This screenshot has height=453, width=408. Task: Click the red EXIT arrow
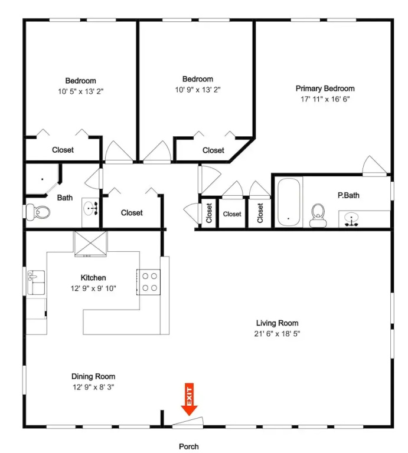[x=189, y=399]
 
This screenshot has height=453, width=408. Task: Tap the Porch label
[x=189, y=447]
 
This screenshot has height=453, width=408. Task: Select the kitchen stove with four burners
[x=148, y=282]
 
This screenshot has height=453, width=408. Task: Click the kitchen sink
[x=36, y=283]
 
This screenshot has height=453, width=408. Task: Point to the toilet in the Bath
[x=38, y=212]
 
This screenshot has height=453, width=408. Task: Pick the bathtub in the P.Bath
[x=289, y=202]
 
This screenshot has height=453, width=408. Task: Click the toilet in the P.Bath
[x=318, y=215]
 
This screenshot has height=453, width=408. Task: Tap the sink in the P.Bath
[x=352, y=219]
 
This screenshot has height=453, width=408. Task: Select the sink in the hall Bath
[x=90, y=208]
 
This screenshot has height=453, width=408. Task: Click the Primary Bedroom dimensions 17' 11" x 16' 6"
[x=325, y=99]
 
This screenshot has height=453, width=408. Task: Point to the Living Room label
[x=277, y=323]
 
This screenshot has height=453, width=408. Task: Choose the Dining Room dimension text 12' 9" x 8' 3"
[x=93, y=387]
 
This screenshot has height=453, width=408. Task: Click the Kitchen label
[x=93, y=278]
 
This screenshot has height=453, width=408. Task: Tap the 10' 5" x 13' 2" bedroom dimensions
[x=81, y=91]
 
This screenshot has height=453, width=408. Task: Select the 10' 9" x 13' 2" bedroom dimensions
[x=197, y=90]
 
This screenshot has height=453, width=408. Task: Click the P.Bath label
[x=348, y=195]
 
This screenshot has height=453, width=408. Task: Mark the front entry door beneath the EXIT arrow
[x=188, y=422]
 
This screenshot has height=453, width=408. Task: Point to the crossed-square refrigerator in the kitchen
[x=91, y=244]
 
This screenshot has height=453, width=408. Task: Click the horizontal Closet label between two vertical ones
[x=232, y=214]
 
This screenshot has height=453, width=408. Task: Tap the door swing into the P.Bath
[x=374, y=166]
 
